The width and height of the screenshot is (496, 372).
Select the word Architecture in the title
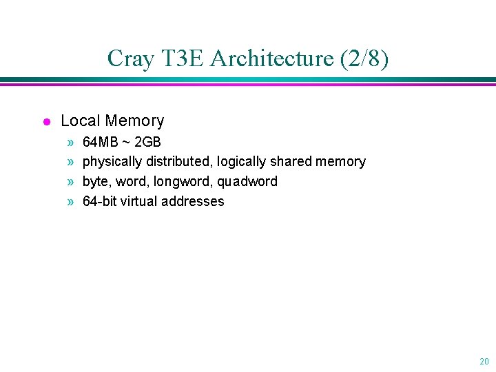pyautogui.click(x=271, y=59)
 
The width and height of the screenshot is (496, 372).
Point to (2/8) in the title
pyautogui.click(x=364, y=59)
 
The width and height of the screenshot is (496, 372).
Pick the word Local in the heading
pyautogui.click(x=79, y=121)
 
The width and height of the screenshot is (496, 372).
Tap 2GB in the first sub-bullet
pyautogui.click(x=148, y=142)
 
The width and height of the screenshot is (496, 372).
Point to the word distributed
pyautogui.click(x=178, y=162)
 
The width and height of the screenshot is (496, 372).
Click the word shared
pyautogui.click(x=291, y=162)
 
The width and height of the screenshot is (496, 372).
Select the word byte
pyautogui.click(x=97, y=182)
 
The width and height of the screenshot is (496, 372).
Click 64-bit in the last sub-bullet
pyautogui.click(x=100, y=202)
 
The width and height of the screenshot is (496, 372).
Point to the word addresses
pyautogui.click(x=196, y=202)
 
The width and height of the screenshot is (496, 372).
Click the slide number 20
pyautogui.click(x=484, y=361)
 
